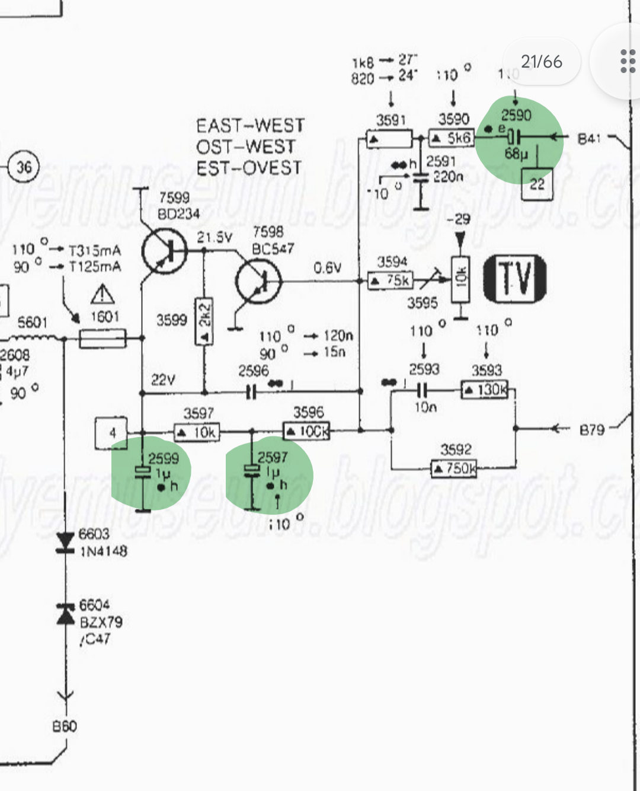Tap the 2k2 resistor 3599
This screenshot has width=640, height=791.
pyautogui.click(x=204, y=321)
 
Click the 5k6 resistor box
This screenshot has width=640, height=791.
pyautogui.click(x=451, y=139)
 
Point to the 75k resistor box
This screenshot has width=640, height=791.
pyautogui.click(x=390, y=280)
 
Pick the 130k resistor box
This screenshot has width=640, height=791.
pyautogui.click(x=485, y=390)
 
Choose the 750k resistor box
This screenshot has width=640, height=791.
pyautogui.click(x=454, y=469)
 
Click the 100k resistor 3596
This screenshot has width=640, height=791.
pyautogui.click(x=306, y=431)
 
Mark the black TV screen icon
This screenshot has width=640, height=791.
pyautogui.click(x=514, y=279)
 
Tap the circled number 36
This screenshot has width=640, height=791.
pyautogui.click(x=24, y=167)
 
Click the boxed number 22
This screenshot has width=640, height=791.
pyautogui.click(x=537, y=184)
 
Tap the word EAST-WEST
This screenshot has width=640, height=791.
pyautogui.click(x=250, y=126)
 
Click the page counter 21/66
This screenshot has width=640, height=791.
pyautogui.click(x=541, y=62)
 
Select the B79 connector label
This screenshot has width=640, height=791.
pyautogui.click(x=591, y=429)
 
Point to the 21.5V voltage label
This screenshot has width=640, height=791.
pyautogui.click(x=215, y=237)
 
